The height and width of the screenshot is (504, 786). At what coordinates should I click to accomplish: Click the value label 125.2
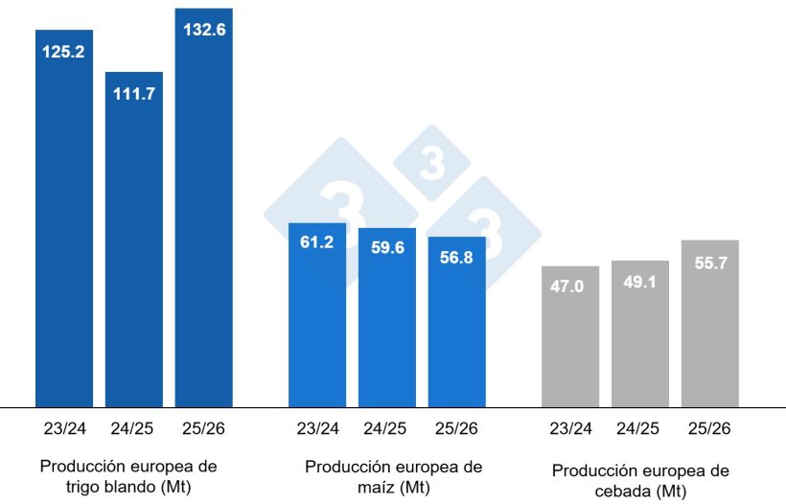pos(64,52)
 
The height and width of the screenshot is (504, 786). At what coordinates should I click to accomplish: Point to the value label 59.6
pos(387,247)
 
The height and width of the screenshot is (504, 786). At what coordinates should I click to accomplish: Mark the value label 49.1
pos(640,282)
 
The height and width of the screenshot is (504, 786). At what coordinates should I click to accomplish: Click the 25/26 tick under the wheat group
pos(203,428)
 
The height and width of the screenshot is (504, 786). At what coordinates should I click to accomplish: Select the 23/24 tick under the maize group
pos(317,428)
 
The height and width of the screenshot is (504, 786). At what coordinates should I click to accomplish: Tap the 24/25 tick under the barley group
pos(640,428)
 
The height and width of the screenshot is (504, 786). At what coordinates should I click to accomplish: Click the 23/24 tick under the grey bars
pos(570,428)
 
